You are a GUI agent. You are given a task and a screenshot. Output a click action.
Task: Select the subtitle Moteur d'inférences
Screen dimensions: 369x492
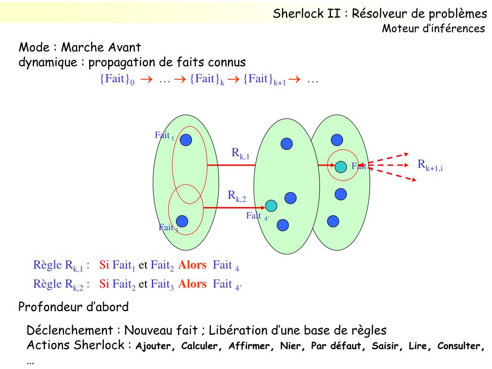tap(433, 29)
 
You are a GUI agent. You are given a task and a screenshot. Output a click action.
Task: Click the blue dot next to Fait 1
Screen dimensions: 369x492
tap(186, 139)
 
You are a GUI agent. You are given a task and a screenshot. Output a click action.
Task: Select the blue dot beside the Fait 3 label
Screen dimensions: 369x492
tap(182, 221)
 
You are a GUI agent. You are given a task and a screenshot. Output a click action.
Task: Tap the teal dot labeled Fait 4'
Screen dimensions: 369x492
tap(271, 206)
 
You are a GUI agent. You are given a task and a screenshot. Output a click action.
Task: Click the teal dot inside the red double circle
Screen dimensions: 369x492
tap(341, 166)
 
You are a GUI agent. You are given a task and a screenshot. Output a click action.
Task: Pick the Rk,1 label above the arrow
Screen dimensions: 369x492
tap(241, 153)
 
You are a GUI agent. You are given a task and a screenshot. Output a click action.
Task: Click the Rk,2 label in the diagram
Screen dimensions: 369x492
tap(237, 196)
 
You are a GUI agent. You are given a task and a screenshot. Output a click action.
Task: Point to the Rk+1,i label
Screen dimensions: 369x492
tap(430, 165)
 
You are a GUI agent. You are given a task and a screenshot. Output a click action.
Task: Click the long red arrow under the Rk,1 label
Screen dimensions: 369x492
tap(231, 165)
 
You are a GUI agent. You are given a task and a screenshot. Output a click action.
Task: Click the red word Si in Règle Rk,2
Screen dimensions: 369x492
tap(104, 283)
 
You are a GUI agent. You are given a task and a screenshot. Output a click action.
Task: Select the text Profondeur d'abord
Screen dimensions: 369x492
tap(74, 307)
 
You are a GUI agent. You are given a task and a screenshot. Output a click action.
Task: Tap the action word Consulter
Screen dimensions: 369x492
tap(459, 346)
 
